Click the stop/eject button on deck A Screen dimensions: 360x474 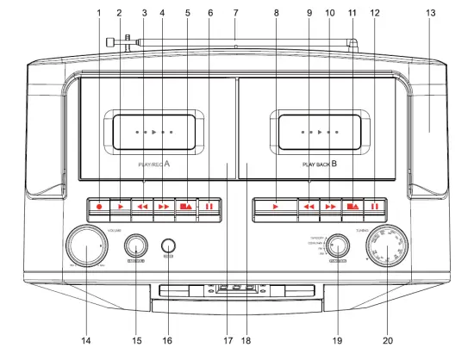[187, 208]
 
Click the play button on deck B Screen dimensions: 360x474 [275, 208]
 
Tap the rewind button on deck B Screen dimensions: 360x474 [309, 208]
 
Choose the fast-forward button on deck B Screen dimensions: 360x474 [330, 208]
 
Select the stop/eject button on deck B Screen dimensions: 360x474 [352, 208]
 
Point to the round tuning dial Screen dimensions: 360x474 [396, 249]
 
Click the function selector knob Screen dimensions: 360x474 [338, 247]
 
